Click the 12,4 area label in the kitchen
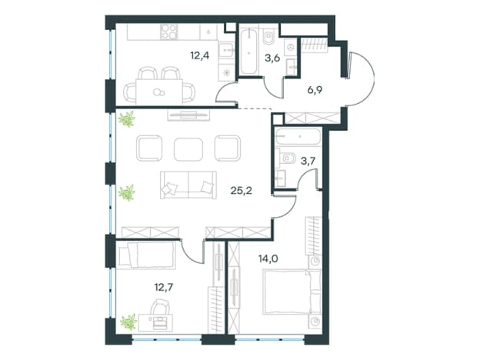click(199, 56)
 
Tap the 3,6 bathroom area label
click(272, 58)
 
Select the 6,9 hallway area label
click(315, 90)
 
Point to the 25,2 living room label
click(241, 191)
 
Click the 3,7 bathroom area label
click(308, 161)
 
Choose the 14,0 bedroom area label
click(268, 259)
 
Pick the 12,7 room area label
click(164, 288)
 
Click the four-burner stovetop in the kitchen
click(169, 32)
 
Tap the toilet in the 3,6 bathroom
click(268, 37)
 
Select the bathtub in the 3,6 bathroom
click(248, 51)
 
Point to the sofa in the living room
click(188, 185)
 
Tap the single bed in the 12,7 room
click(146, 255)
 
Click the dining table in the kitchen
click(159, 92)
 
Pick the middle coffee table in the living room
click(188, 148)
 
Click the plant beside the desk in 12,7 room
click(128, 322)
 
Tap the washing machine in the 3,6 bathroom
click(290, 47)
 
